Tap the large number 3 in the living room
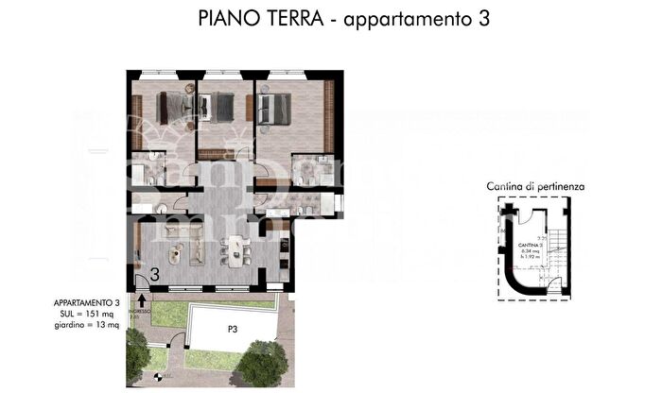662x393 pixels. pyautogui.click(x=154, y=275)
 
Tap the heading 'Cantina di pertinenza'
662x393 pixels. pyautogui.click(x=536, y=187)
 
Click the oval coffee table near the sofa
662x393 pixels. pyautogui.click(x=174, y=252)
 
